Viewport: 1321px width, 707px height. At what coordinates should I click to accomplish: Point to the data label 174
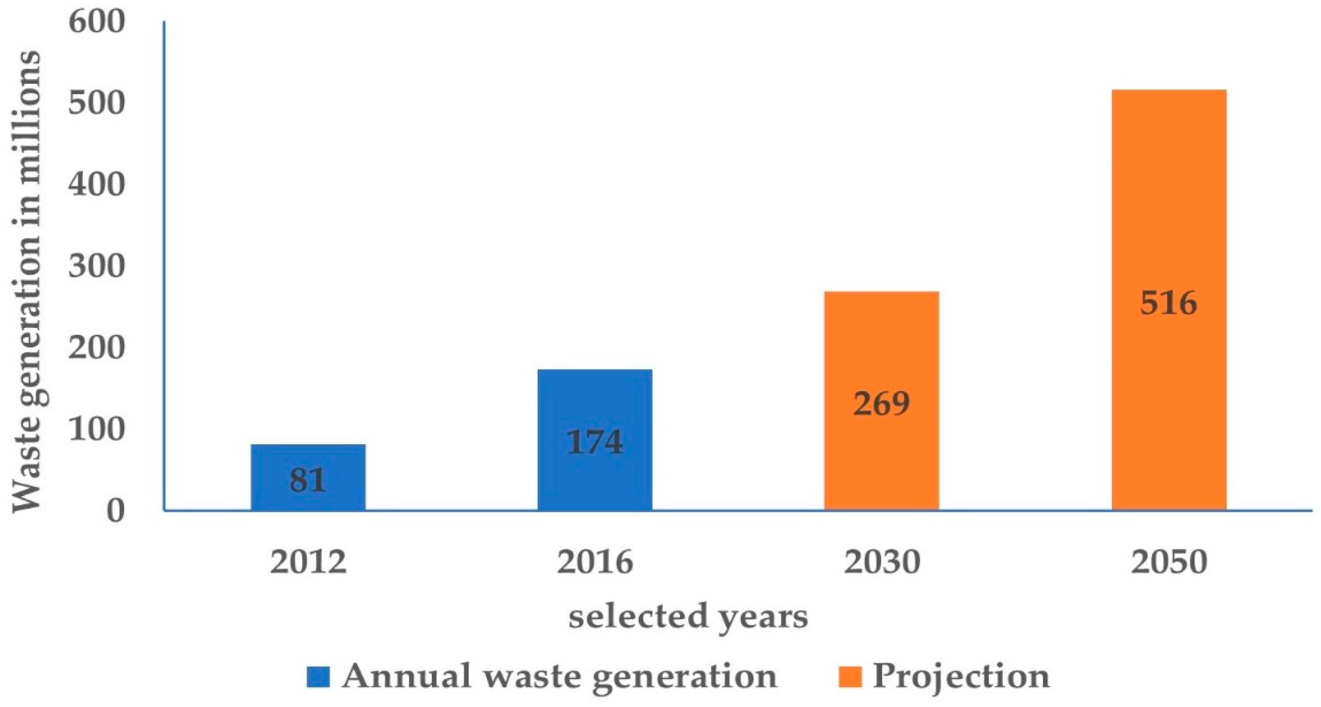(595, 442)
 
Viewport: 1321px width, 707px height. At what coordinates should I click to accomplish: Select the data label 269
(882, 404)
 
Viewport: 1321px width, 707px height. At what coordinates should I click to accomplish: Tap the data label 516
(1169, 303)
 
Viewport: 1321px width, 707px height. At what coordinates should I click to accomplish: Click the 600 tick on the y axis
(97, 23)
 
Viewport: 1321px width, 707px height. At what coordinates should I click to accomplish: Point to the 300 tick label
(97, 267)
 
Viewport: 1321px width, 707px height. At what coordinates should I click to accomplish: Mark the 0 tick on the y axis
(115, 511)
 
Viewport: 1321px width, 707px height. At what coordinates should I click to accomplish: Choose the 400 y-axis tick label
(97, 185)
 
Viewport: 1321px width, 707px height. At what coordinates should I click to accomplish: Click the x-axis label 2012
(308, 562)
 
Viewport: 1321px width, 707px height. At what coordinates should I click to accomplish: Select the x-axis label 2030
(882, 562)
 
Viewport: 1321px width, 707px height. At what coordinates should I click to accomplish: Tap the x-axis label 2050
(1169, 562)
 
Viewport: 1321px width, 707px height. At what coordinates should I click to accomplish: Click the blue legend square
(318, 677)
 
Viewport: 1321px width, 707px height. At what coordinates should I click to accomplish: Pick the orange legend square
(850, 677)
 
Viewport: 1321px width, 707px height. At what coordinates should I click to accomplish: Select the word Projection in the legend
(962, 677)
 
